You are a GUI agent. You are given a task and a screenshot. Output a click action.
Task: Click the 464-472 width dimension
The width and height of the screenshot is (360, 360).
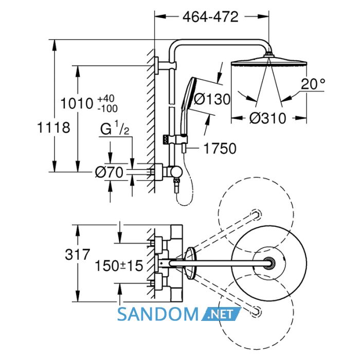pos(210,17)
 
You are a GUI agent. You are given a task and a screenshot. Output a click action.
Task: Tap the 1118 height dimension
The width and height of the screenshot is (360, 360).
pos(53,128)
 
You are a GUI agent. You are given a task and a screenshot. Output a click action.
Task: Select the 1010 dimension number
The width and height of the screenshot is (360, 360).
pos(77,103)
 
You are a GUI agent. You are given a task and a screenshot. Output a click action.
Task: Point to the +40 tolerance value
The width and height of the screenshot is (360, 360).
pos(106,99)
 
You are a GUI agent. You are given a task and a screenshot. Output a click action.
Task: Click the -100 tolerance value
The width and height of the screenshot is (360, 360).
pos(107,109)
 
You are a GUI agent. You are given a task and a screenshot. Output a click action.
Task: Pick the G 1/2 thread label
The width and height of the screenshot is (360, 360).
pos(115,129)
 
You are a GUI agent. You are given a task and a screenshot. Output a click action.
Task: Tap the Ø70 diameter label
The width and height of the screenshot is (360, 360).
pos(109,172)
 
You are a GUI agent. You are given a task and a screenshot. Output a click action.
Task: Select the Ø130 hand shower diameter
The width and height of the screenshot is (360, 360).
pos(212,99)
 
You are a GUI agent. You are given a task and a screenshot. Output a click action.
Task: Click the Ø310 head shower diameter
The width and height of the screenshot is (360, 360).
pos(268,118)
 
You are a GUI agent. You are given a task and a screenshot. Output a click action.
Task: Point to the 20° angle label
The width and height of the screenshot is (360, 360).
pos(313,84)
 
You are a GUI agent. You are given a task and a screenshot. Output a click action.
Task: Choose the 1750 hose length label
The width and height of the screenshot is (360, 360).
pos(220,148)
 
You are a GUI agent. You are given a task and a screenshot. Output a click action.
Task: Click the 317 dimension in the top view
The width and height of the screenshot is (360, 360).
pos(77,255)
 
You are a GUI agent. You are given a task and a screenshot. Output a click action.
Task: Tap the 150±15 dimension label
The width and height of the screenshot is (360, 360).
pos(119,266)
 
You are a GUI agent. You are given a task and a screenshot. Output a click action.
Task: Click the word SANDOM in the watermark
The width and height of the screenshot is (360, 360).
pos(157,315)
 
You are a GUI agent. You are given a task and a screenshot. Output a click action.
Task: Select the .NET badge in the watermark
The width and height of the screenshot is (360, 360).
pos(221,314)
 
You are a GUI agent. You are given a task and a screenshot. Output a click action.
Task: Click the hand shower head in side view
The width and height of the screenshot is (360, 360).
pos(188,105)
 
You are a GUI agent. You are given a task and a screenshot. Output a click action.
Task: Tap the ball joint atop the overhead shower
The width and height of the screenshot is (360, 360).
pos(268,55)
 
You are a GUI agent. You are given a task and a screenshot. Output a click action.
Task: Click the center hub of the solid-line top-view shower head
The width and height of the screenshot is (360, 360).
pos(268,263)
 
